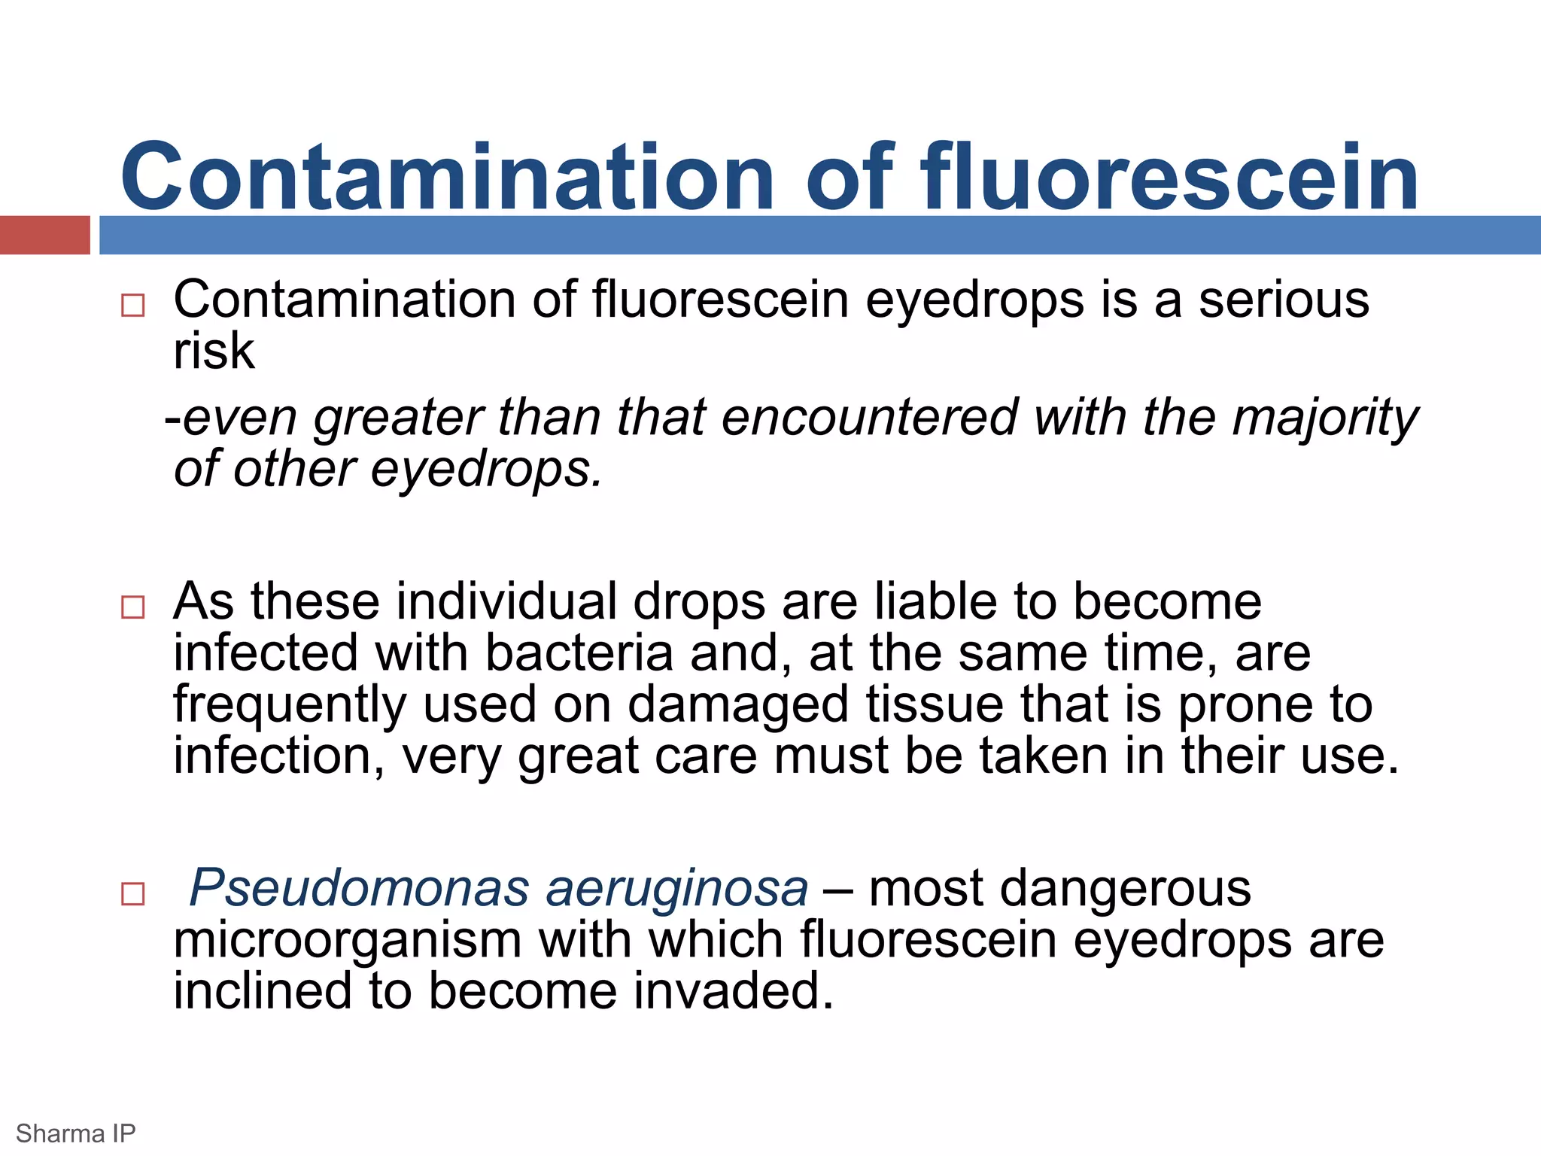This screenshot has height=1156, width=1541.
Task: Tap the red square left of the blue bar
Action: coord(44,235)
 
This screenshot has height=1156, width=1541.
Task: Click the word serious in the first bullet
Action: coord(1284,300)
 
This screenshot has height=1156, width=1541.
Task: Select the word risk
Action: coord(214,351)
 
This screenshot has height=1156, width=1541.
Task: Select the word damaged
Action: coord(738,705)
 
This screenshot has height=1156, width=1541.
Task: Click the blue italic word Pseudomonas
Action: coord(359,888)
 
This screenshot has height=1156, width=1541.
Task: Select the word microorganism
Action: coord(347,941)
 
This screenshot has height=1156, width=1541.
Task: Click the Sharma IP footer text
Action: coord(75,1133)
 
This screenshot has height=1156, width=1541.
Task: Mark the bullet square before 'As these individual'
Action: coord(132,607)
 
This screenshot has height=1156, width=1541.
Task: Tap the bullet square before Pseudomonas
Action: coord(132,894)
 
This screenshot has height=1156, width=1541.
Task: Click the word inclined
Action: coord(263,990)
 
